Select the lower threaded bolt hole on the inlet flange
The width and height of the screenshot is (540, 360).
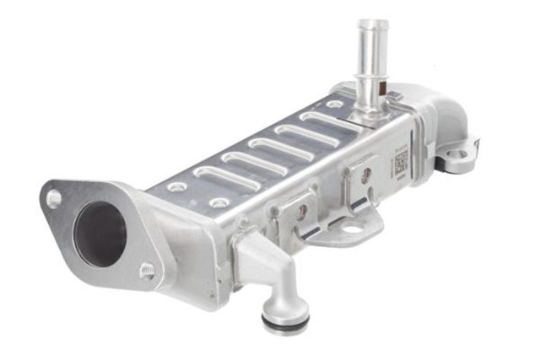tap(147, 271)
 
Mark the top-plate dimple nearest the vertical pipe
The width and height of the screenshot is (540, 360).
tap(334, 105)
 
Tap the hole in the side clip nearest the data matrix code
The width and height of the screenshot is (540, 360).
tap(366, 175)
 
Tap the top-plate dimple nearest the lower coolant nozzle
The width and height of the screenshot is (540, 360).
tap(220, 203)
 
